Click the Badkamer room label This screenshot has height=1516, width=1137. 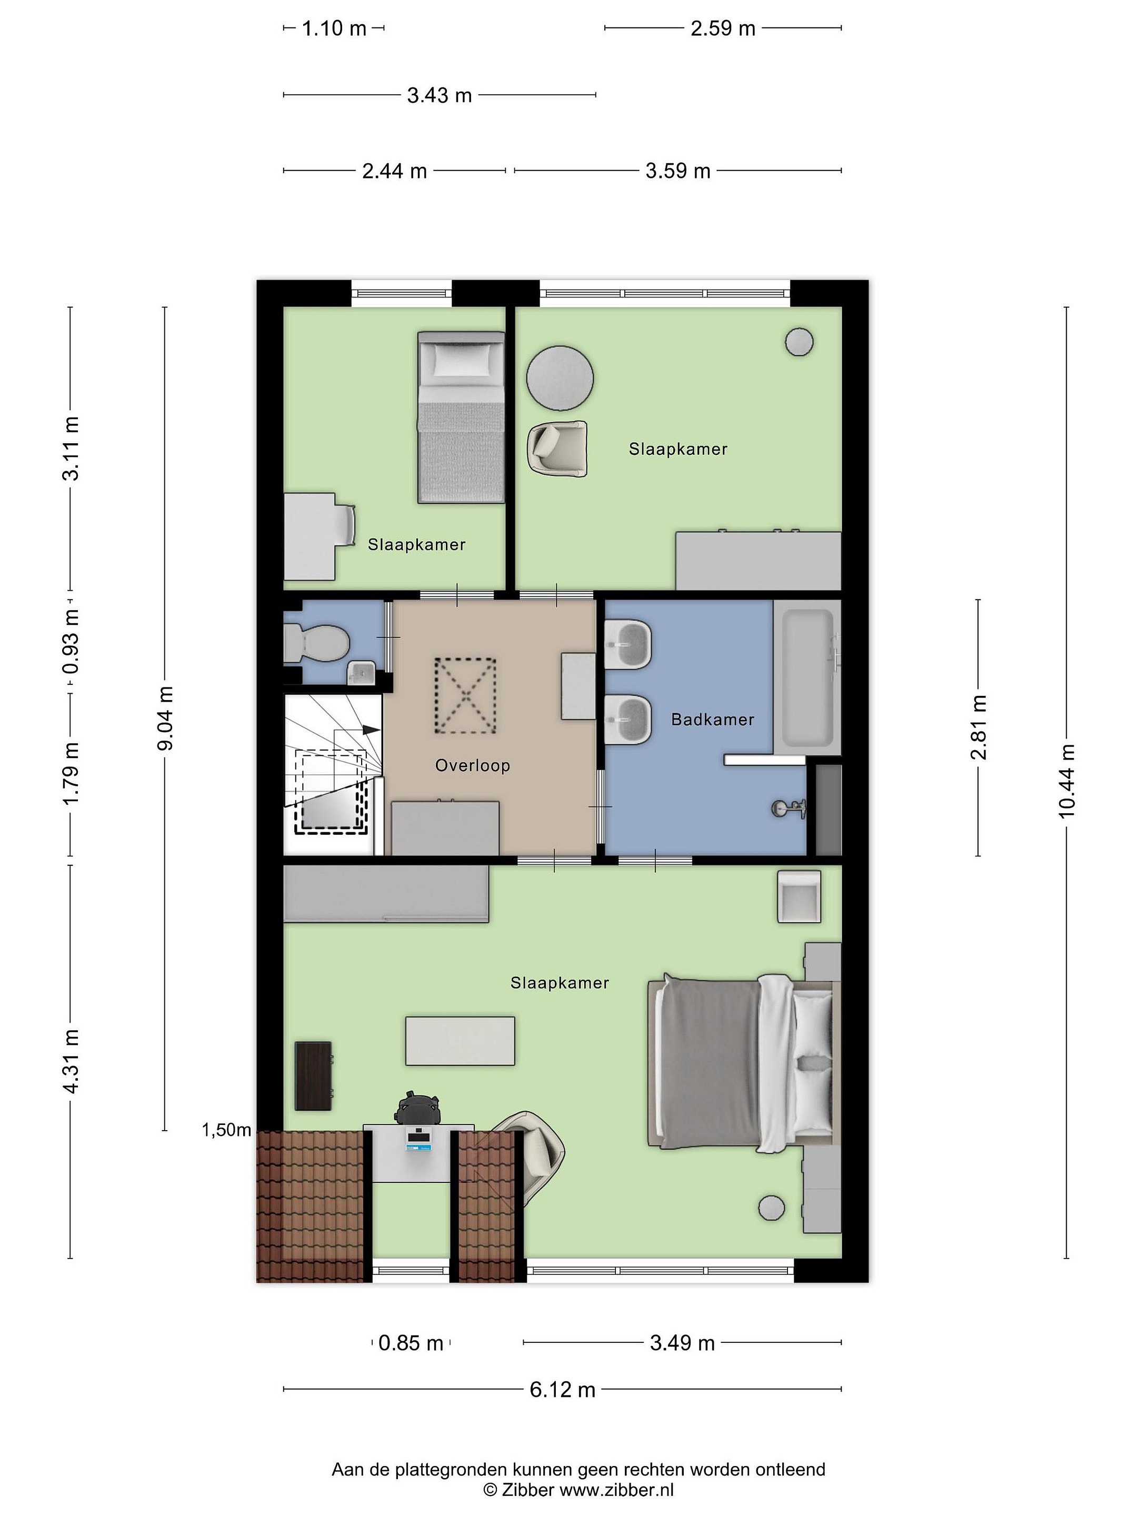pyautogui.click(x=712, y=720)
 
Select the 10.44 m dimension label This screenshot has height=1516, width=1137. pyautogui.click(x=1066, y=781)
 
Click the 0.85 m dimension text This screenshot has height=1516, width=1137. pyautogui.click(x=411, y=1343)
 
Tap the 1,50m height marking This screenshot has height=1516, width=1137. pyautogui.click(x=226, y=1130)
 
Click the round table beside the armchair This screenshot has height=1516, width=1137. pyautogui.click(x=559, y=377)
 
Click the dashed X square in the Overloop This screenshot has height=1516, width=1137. pyautogui.click(x=465, y=696)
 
